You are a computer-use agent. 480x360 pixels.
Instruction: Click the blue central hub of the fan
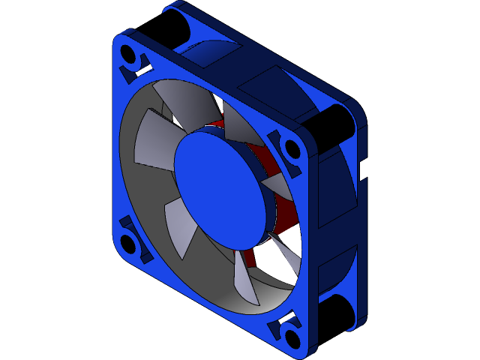219,186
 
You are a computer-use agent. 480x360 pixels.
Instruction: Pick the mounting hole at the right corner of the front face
292,148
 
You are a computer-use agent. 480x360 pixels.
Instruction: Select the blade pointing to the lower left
178,229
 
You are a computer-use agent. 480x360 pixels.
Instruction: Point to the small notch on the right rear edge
362,170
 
